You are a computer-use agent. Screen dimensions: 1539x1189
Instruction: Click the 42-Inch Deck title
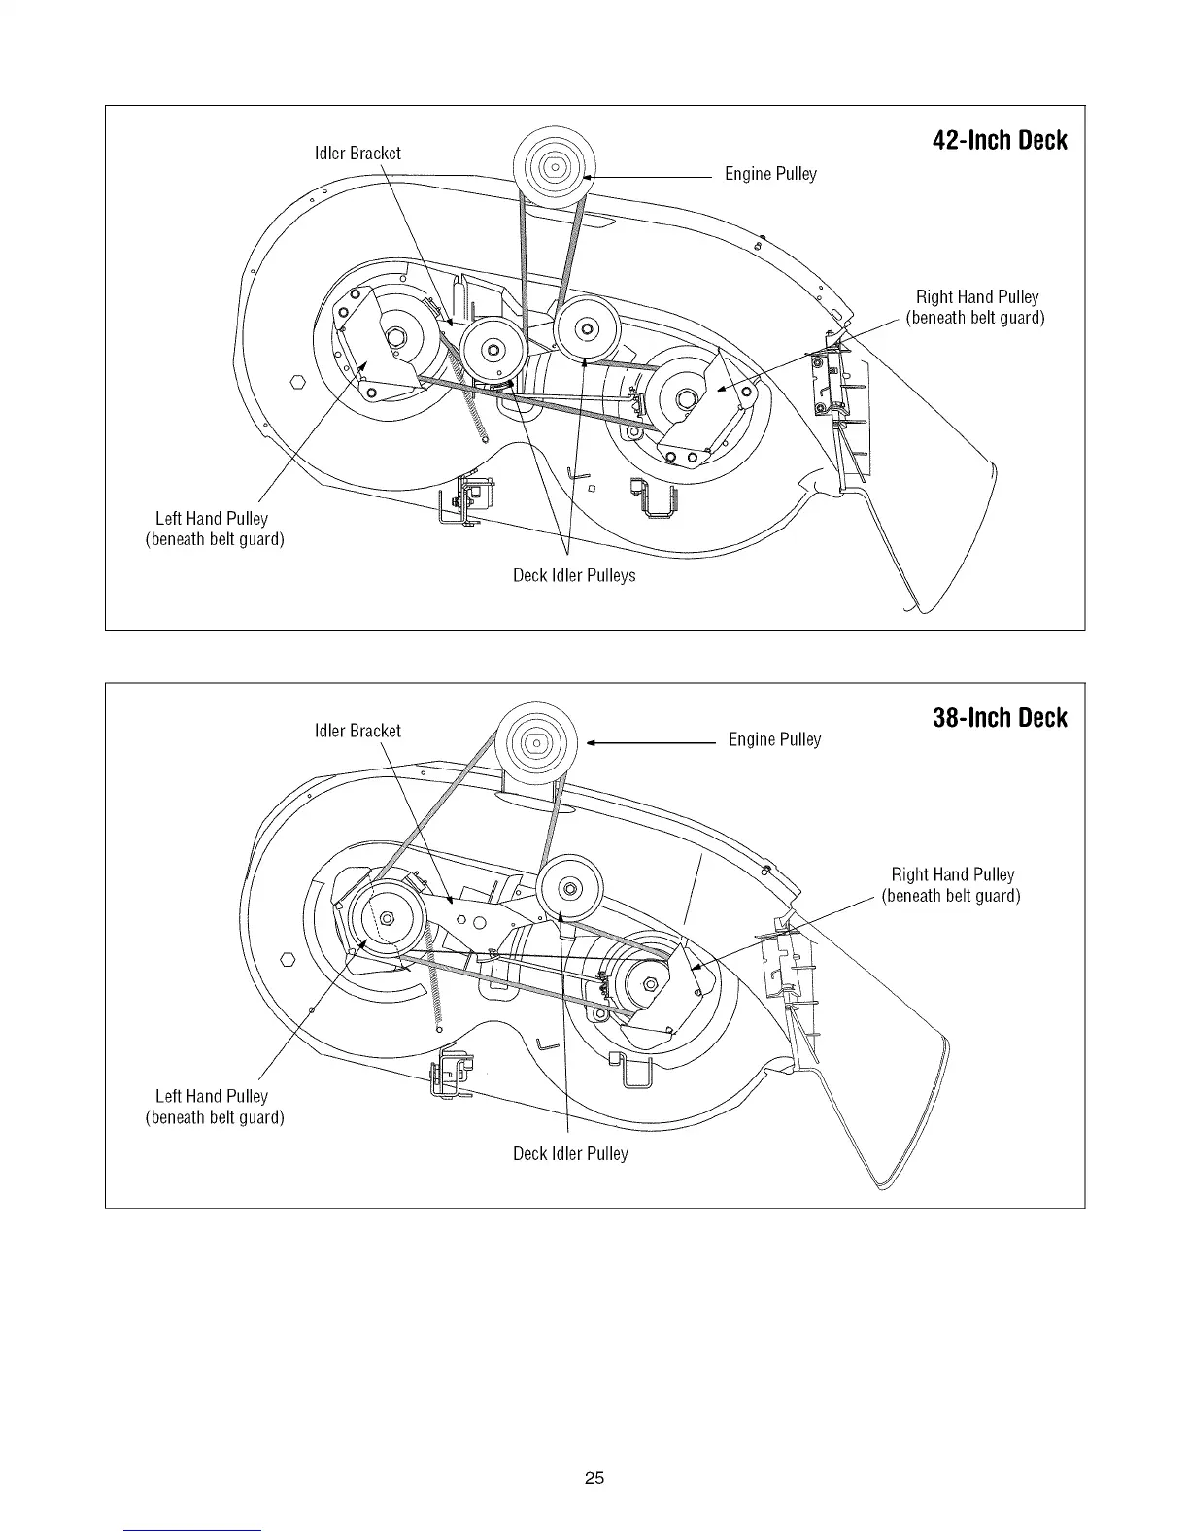[999, 141]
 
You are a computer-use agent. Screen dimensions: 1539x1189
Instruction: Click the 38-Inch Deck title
[999, 719]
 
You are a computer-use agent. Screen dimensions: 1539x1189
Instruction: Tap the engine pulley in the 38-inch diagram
[537, 745]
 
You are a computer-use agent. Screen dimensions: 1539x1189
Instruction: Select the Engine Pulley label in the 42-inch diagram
[770, 174]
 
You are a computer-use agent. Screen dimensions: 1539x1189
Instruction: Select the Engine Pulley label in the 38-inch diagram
[774, 740]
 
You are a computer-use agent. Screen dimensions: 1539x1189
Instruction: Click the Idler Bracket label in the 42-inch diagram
[357, 154]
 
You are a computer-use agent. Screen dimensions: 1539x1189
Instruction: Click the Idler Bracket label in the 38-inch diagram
[357, 732]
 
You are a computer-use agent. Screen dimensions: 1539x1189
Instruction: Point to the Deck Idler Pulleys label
[574, 576]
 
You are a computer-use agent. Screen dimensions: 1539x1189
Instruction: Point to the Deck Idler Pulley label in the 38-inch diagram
[570, 1154]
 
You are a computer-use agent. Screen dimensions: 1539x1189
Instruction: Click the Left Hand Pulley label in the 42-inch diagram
[214, 530]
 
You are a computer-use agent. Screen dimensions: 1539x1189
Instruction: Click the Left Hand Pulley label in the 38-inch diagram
[214, 1107]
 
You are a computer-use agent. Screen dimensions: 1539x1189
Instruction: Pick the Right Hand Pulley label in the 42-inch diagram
[975, 307]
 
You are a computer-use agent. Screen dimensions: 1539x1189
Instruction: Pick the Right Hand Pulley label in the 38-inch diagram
[951, 885]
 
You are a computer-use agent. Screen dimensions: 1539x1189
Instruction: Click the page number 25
[594, 1479]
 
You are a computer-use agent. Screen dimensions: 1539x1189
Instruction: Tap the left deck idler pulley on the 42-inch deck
[493, 349]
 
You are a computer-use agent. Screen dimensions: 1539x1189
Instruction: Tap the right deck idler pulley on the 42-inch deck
[587, 326]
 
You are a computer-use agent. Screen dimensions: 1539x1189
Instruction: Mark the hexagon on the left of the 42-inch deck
[299, 380]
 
